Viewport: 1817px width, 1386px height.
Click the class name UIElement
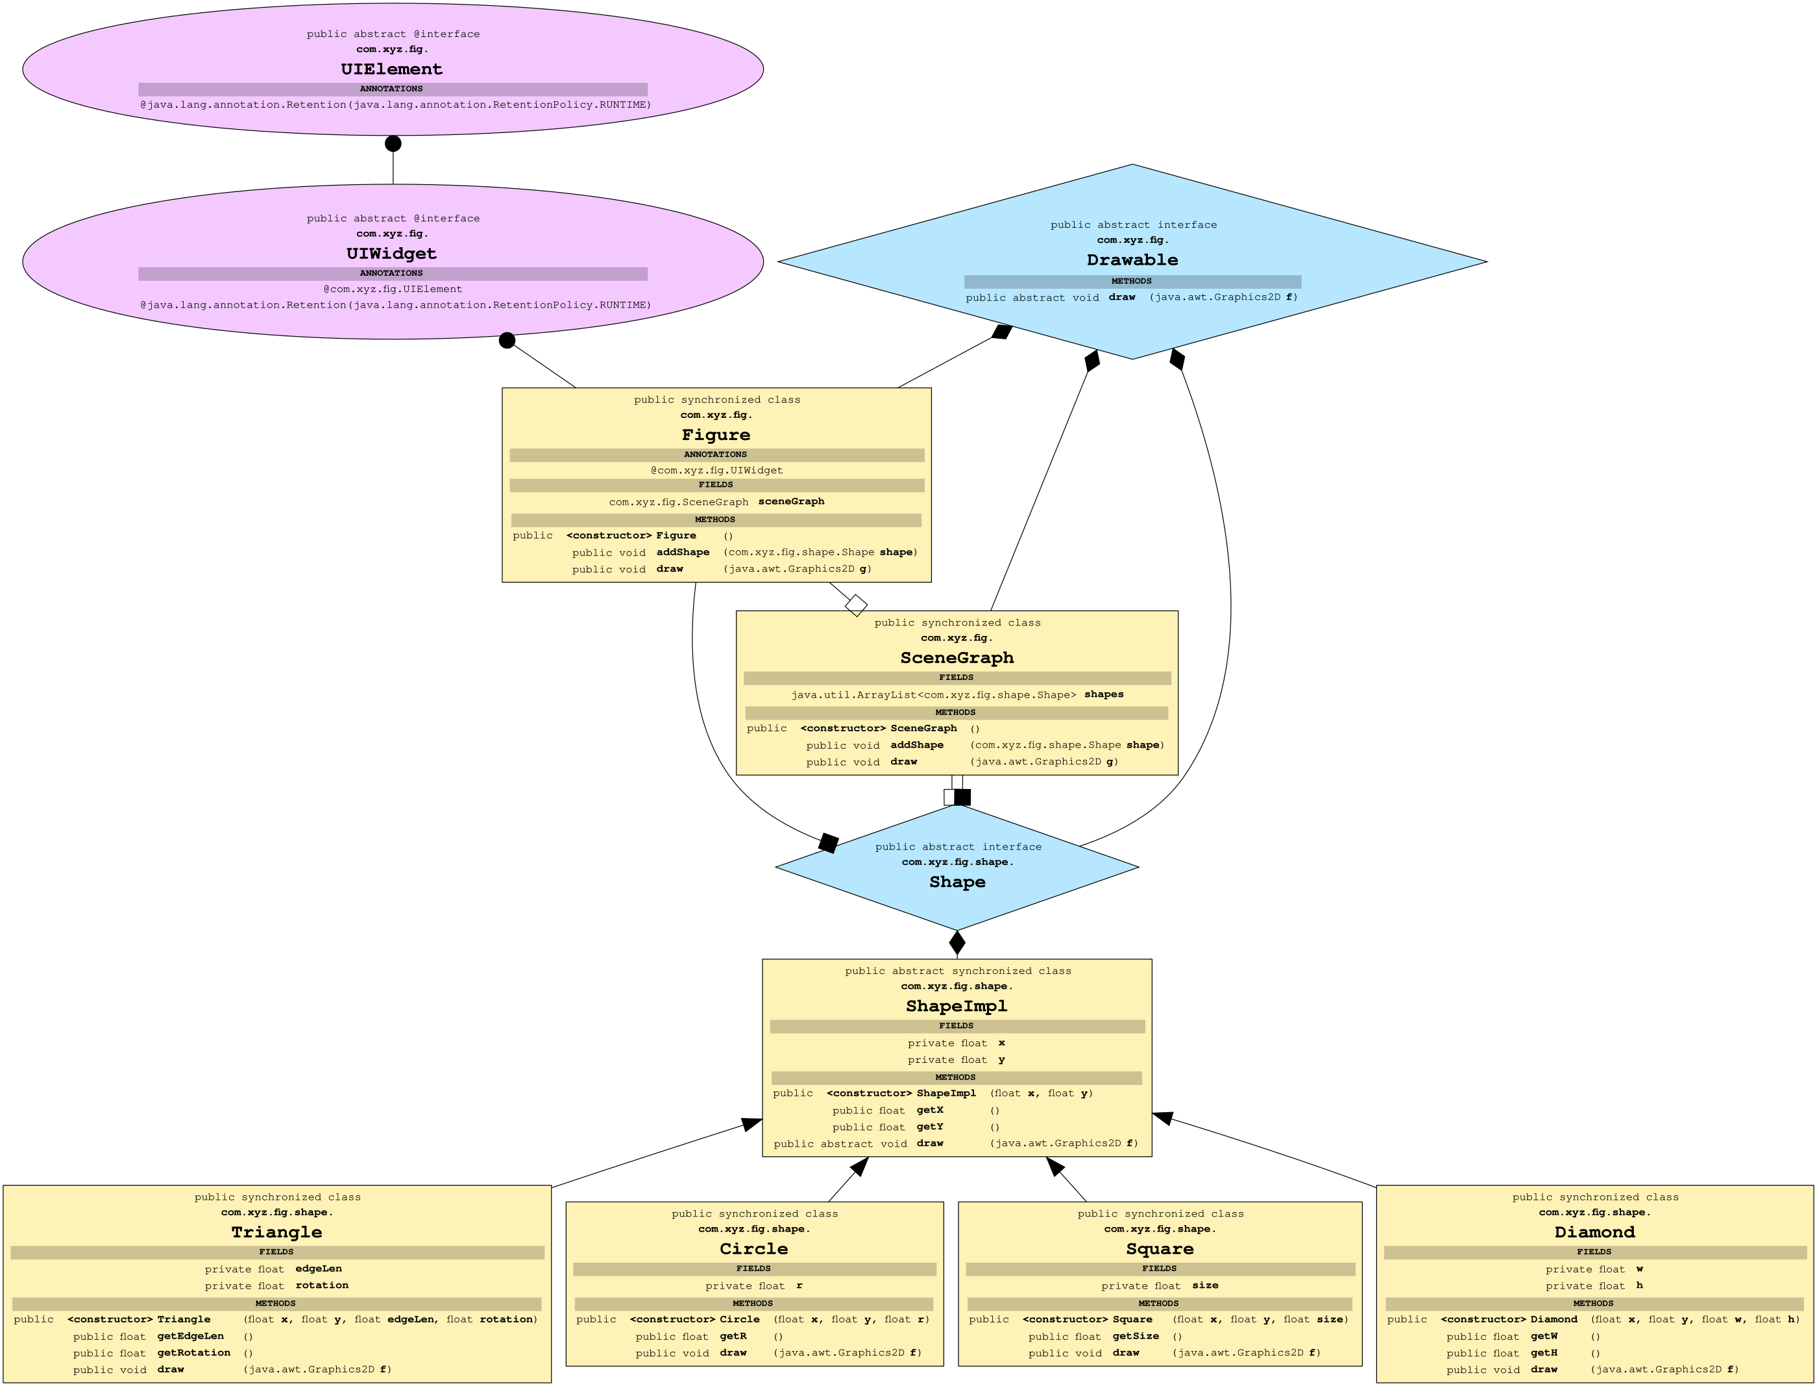pos(391,69)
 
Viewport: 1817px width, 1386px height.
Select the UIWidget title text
pos(391,253)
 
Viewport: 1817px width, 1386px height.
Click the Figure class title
pos(715,435)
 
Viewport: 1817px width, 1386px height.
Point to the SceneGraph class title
pos(957,657)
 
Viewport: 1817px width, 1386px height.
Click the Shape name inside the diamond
pos(957,882)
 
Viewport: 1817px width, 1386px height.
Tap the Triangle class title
pos(276,1232)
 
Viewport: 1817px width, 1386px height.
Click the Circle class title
pos(753,1248)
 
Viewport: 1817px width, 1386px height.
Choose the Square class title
pos(1160,1248)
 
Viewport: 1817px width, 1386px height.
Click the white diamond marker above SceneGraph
pos(856,605)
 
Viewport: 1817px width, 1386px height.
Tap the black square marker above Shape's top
pos(962,797)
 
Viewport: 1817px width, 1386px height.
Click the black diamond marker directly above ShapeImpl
pos(957,942)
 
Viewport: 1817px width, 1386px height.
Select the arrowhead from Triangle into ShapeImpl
pos(751,1125)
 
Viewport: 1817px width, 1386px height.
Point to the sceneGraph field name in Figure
pos(790,502)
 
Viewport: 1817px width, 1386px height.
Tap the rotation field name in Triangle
pos(322,1285)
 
